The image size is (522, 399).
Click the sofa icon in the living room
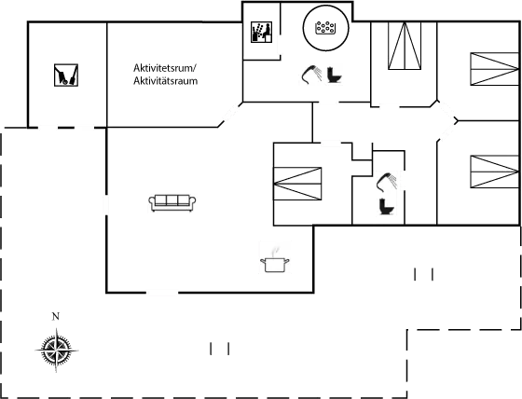[x=172, y=202]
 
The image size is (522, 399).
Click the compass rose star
[x=55, y=351]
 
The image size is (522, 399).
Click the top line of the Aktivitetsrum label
[x=165, y=70]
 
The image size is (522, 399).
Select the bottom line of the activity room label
[x=165, y=82]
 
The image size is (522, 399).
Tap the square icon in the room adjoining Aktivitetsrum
[x=67, y=74]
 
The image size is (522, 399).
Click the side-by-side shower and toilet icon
[x=323, y=75]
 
